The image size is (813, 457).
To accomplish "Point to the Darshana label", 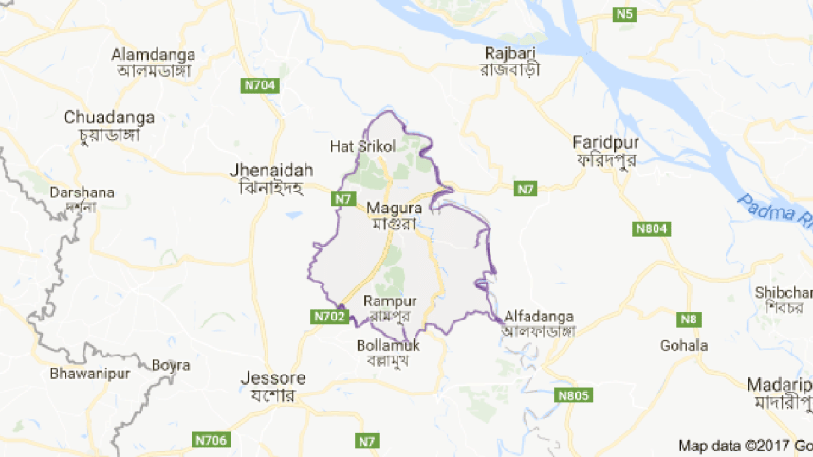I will (82, 192).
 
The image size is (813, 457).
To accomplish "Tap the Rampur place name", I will (389, 301).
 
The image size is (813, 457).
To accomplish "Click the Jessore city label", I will (273, 377).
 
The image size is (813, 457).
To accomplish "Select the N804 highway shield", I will (652, 228).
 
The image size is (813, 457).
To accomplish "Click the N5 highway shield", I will (623, 13).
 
